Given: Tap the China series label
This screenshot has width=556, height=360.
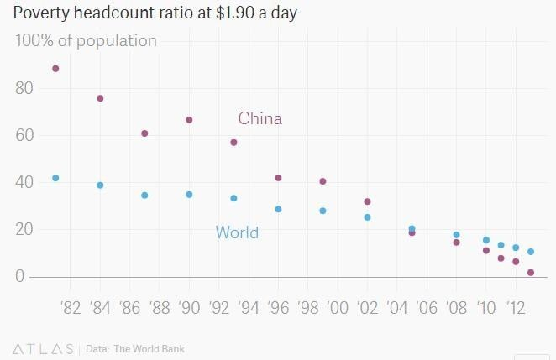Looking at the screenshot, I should point(260,118).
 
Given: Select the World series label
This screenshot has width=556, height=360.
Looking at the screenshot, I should point(237,232).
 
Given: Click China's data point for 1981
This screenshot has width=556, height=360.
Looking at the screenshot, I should point(55,69).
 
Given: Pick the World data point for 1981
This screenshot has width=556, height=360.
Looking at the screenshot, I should point(55,178).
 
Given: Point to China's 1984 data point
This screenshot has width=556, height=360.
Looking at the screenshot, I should point(100,98).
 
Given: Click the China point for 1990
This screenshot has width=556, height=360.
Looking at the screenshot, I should point(189,120).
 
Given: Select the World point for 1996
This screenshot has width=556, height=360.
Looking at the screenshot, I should point(278,209).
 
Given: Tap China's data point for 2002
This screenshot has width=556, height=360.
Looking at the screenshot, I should point(367,201).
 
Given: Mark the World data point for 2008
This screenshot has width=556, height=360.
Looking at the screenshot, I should point(456,235).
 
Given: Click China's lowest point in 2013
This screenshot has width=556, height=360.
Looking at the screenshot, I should point(531,273).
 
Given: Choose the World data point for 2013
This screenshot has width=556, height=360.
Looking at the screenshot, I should point(531,252).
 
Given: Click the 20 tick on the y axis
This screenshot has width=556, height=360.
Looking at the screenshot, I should point(24,229).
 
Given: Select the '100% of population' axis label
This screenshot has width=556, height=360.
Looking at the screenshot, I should point(86,40).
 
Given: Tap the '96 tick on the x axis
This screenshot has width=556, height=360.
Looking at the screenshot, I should point(277,307).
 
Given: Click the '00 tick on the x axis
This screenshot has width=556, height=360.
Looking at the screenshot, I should point(337,307).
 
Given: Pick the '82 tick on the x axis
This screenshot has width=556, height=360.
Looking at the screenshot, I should point(71,307).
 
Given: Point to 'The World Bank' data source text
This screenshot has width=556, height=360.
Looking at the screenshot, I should point(149,349).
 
